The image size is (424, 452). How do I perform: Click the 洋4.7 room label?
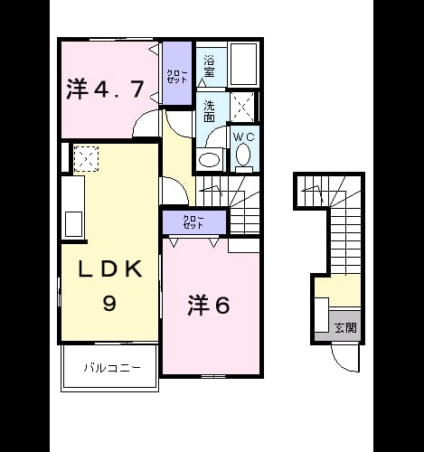coord(105,89)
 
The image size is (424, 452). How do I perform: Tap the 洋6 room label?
coord(209,306)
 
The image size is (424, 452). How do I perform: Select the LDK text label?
coord(110,268)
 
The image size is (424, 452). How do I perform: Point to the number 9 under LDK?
coord(109,303)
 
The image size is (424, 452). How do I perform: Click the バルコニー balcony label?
coord(112,368)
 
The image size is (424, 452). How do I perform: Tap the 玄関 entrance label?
coord(345,327)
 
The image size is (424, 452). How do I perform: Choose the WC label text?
coord(244,137)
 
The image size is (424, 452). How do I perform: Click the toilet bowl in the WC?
coord(243,155)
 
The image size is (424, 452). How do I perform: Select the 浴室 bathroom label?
coord(209,66)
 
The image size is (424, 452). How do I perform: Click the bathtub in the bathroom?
coord(244,64)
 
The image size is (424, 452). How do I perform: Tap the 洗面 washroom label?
coord(209,111)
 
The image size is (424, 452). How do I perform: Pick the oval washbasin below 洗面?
coord(209,160)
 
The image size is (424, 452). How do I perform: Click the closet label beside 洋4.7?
coord(177,77)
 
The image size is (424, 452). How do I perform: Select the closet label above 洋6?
coord(193,222)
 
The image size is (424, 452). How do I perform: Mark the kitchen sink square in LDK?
coord(73,224)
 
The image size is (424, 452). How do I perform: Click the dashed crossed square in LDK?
coord(86,159)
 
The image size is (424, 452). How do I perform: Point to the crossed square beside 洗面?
coord(242,107)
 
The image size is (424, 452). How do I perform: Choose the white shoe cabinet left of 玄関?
coord(322,315)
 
